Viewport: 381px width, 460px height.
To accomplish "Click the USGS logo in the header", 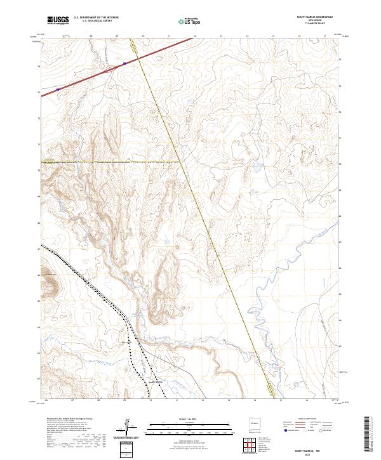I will (x=58, y=20).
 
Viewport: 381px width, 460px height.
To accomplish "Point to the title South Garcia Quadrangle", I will (x=314, y=18).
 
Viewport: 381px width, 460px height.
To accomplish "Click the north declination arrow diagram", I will (x=129, y=427).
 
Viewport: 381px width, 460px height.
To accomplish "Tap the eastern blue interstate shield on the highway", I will (x=124, y=63).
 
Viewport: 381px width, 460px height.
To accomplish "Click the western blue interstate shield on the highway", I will (x=58, y=89).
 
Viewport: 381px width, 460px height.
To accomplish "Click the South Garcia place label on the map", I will (x=156, y=381).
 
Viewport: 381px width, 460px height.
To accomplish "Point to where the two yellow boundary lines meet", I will (x=182, y=162).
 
